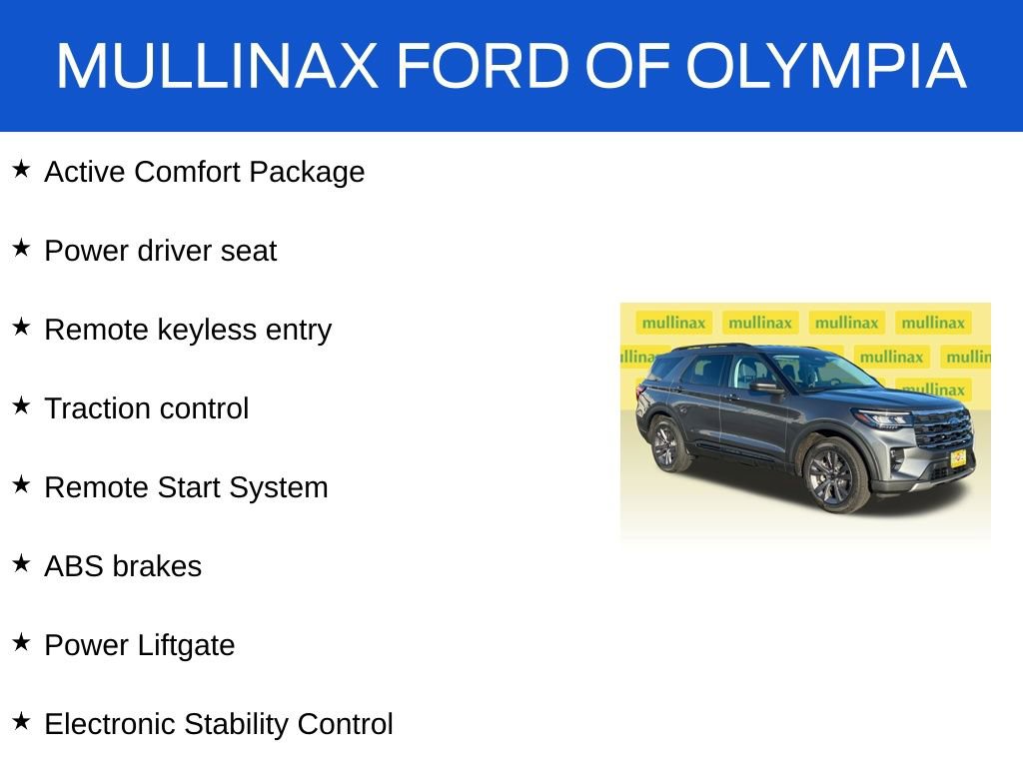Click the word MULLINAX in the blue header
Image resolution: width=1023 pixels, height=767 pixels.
tap(217, 67)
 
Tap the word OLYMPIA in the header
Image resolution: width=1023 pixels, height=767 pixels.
tap(826, 67)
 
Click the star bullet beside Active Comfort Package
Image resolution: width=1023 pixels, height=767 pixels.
tap(21, 170)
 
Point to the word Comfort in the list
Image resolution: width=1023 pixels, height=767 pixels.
tap(187, 172)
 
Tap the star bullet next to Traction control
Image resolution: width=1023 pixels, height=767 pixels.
tap(21, 406)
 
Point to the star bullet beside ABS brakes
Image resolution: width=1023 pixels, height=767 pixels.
tap(21, 564)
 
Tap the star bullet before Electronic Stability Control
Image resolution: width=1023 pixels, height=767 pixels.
tap(21, 722)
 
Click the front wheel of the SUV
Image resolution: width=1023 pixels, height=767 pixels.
tap(831, 475)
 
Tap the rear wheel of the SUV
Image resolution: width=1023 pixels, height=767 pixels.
tap(666, 445)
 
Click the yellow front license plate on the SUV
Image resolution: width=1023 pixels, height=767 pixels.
tap(956, 458)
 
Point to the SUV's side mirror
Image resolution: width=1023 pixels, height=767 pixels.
tap(765, 386)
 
